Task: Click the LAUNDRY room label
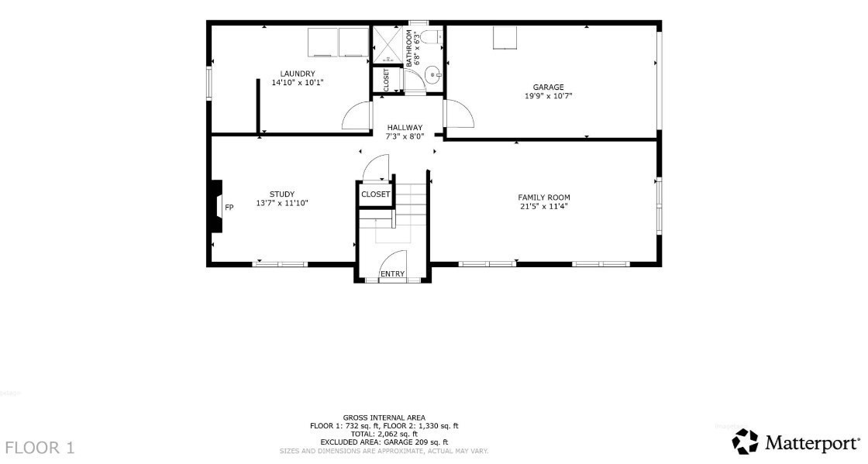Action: point(297,74)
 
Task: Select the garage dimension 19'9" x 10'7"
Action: point(548,96)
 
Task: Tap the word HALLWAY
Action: point(405,128)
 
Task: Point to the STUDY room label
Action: point(282,194)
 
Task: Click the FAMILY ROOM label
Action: point(544,198)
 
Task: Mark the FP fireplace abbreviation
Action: point(229,208)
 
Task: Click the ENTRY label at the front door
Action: point(392,274)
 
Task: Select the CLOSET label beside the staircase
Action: point(375,194)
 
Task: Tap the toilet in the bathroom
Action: point(431,37)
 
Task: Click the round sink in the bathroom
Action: point(432,75)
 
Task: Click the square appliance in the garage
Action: point(505,38)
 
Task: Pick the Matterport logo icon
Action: point(745,442)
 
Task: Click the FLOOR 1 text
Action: point(40,447)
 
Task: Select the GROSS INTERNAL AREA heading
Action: point(384,418)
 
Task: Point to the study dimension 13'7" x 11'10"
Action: point(282,203)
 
